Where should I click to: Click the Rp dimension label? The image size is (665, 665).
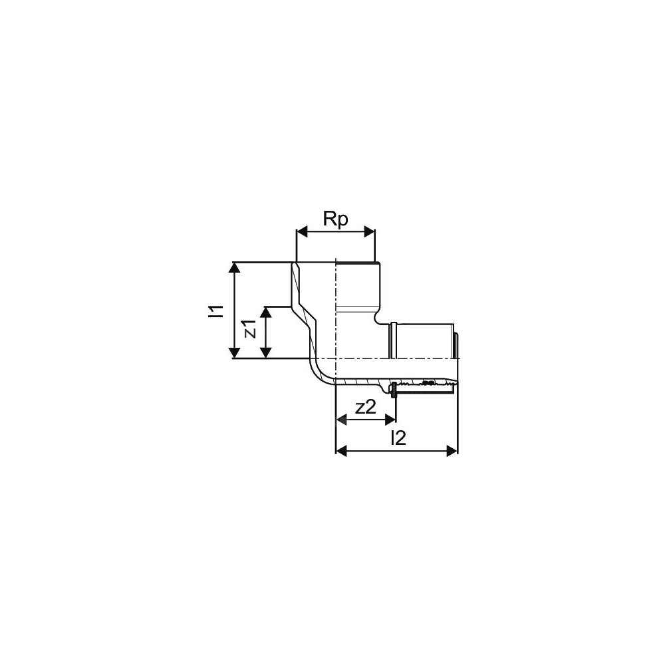335,219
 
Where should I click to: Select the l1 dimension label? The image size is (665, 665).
218,311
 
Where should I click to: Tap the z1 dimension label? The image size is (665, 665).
251,329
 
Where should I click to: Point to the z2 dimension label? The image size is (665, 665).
365,408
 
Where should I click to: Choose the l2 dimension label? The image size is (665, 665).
398,438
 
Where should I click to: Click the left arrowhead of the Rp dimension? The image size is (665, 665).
301,232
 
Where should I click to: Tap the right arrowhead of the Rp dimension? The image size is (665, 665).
369,232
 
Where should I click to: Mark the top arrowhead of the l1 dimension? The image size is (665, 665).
234,267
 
